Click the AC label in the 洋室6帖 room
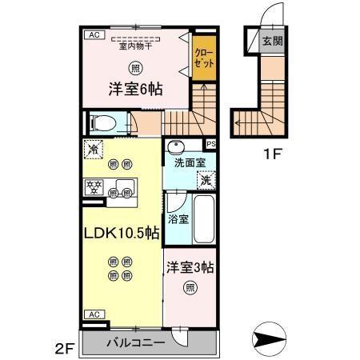94,35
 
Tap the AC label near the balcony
94,314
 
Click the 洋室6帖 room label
135,90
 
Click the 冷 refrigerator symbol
94,150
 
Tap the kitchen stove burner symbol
94,189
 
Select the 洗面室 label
190,162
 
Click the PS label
211,144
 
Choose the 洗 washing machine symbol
206,181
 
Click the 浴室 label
178,218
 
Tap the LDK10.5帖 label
122,234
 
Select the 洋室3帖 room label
190,266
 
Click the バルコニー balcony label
136,342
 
